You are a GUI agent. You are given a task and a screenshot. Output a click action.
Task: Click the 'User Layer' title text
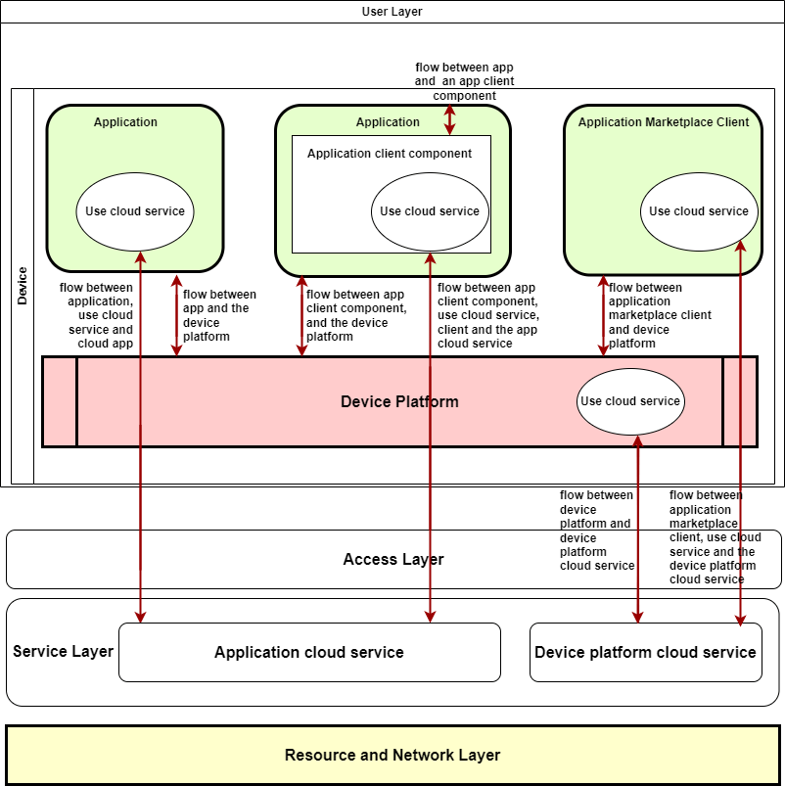pos(392,12)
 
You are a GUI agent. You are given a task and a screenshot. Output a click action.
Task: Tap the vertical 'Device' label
pos(23,285)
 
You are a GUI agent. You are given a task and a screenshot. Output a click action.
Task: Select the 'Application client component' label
pos(390,154)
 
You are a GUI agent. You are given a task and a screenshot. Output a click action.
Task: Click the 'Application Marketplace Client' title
pos(664,122)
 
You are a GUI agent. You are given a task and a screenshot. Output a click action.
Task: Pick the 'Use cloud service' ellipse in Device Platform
pos(629,401)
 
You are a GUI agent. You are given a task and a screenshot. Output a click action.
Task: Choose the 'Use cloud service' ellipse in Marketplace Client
pos(698,211)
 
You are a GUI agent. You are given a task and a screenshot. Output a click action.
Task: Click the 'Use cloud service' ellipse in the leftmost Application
pos(135,211)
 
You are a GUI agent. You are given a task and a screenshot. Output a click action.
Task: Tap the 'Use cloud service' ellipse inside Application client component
pos(430,211)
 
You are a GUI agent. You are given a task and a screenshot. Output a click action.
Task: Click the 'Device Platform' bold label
pos(399,402)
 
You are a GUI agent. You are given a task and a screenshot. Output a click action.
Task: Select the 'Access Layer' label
pos(393,560)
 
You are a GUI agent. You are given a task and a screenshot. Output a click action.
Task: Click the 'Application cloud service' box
pos(309,653)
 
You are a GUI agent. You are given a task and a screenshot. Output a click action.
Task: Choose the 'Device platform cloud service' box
pos(646,653)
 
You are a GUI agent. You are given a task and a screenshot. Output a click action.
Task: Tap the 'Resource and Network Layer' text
pos(392,755)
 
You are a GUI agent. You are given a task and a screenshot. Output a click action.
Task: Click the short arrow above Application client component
pos(450,119)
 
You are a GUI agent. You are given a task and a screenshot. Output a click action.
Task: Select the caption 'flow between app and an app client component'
pos(464,81)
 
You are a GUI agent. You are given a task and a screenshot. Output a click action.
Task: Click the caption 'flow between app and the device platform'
pos(219,315)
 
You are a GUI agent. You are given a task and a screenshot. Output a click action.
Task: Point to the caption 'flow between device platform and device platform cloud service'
pos(596,531)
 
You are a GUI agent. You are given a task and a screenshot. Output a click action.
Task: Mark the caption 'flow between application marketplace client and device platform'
pos(659,316)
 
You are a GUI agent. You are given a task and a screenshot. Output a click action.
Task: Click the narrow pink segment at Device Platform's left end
pos(60,402)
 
